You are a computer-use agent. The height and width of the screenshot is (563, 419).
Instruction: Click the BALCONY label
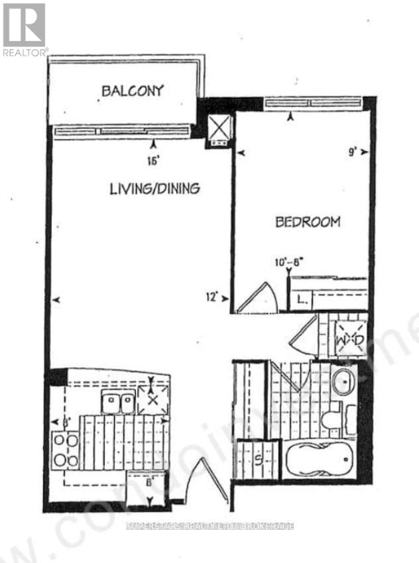tap(133, 90)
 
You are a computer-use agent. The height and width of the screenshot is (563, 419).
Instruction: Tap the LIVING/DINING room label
tap(154, 189)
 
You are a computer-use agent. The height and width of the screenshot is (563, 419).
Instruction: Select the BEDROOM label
tap(308, 222)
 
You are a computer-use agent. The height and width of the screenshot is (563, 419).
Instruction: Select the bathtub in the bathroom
tap(320, 458)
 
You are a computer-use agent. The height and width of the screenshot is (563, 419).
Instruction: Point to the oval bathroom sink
tap(343, 383)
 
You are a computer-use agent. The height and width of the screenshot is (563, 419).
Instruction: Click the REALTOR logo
tap(25, 30)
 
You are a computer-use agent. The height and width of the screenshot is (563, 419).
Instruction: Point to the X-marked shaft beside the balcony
tap(219, 127)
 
